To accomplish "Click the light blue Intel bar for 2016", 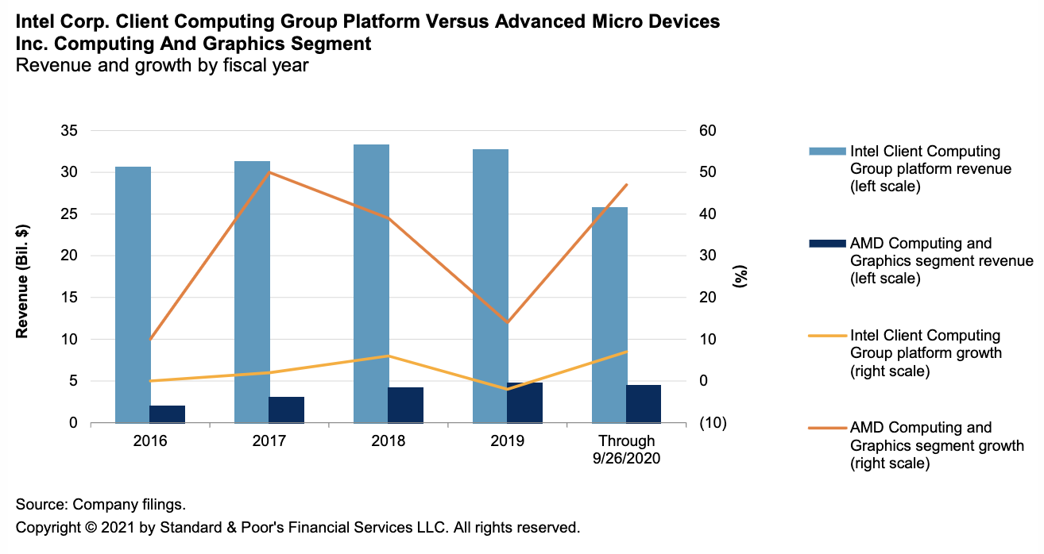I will (133, 294).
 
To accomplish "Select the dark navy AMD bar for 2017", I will (287, 410).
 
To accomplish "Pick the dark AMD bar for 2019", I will (525, 402).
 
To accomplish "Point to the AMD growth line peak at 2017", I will (269, 172).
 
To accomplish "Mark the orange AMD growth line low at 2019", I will (508, 322).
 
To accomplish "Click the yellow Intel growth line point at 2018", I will (389, 356).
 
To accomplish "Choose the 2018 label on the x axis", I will (389, 441).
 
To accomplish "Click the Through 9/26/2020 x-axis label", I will (627, 448).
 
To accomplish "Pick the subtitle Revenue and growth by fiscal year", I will (162, 66).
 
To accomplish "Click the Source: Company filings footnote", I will (100, 505).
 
